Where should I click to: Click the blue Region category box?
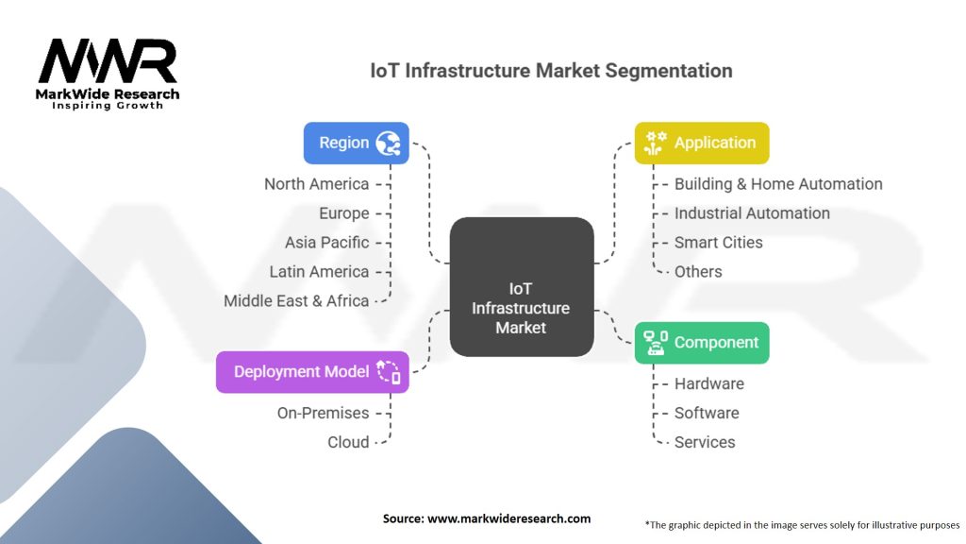point(356,143)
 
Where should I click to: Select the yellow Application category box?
point(701,143)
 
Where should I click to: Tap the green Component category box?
point(701,343)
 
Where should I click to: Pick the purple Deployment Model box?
point(312,371)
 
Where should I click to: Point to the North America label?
point(316,184)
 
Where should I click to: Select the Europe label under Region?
point(343,213)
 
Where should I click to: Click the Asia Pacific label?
point(326,243)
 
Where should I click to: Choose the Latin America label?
point(319,272)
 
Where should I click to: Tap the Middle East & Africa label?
point(296,301)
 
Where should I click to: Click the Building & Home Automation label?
point(778,184)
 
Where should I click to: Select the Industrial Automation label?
point(752,213)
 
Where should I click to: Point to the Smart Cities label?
point(718,243)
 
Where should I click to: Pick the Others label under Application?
point(698,272)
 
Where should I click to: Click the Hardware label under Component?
point(708,383)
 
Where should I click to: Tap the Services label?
point(705,442)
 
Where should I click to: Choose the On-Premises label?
point(323,413)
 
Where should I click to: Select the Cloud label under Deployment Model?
point(348,442)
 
